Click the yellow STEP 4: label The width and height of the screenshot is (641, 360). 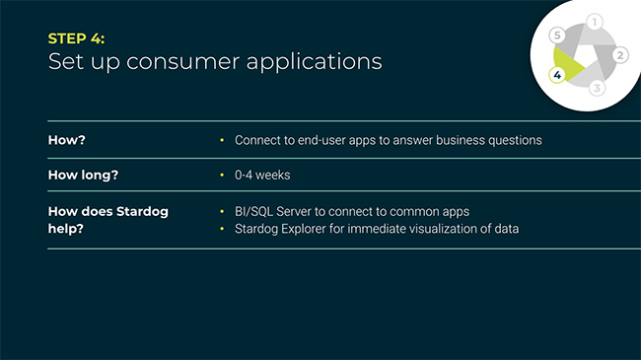click(77, 38)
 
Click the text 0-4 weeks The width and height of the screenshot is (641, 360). click(262, 175)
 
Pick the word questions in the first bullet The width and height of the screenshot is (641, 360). click(514, 140)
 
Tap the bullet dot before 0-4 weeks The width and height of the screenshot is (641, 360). click(223, 175)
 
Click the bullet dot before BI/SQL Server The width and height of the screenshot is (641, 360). click(223, 212)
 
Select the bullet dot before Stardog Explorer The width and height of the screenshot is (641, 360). click(223, 229)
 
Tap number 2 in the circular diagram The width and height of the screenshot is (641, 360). click(619, 54)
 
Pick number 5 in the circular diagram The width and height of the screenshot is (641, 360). click(557, 35)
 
